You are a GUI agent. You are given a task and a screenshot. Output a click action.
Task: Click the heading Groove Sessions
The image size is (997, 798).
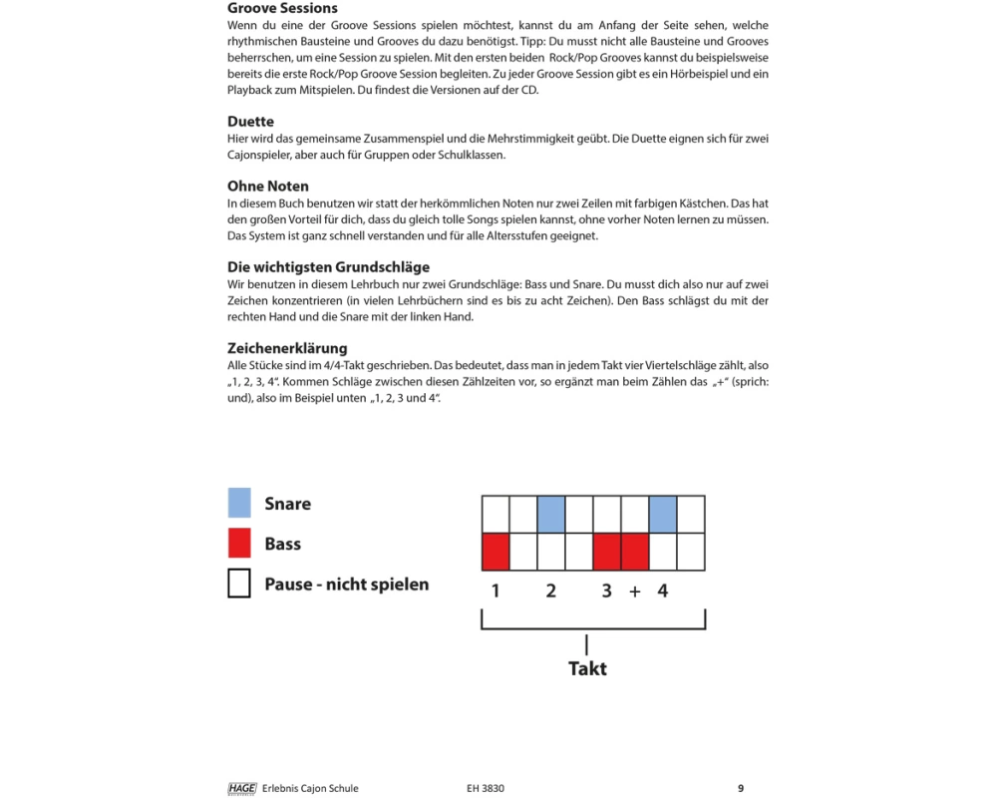(282, 8)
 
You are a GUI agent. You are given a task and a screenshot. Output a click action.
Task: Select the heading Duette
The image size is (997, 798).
(250, 122)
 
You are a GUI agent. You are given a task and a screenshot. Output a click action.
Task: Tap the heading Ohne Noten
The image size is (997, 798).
(268, 187)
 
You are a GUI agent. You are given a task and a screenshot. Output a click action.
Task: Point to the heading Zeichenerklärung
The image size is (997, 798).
(287, 348)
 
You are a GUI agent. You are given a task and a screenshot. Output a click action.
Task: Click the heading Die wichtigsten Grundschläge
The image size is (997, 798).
(329, 267)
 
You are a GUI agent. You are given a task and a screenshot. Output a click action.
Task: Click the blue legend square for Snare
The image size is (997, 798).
(239, 503)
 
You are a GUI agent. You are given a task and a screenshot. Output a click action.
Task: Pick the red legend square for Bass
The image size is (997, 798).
(239, 544)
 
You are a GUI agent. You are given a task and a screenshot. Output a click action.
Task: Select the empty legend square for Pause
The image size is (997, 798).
(239, 584)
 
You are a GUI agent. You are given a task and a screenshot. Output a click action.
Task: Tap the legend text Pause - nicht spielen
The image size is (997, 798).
(346, 585)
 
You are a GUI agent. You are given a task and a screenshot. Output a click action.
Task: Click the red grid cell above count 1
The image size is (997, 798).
(496, 552)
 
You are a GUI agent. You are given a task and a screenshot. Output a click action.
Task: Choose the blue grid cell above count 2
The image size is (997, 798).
(551, 515)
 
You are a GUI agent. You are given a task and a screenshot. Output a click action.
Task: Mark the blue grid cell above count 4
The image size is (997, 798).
(663, 515)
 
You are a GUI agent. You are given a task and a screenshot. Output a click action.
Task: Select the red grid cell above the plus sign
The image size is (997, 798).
(635, 552)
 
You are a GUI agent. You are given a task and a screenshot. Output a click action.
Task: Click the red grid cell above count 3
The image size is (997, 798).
(607, 552)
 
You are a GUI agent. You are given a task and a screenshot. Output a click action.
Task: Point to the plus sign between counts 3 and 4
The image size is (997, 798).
(635, 592)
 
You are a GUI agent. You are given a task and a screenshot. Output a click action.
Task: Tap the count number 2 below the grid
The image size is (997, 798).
(551, 592)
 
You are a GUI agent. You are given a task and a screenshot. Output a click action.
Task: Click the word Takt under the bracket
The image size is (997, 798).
(587, 668)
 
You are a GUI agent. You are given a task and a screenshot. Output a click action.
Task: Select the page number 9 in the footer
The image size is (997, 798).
(741, 788)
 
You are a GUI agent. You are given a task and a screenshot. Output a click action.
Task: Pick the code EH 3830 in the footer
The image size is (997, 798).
(486, 788)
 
